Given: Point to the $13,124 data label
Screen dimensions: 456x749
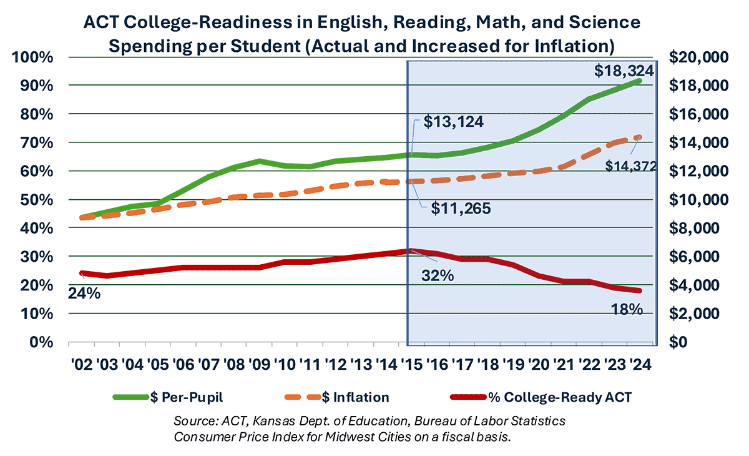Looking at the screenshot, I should (x=453, y=122).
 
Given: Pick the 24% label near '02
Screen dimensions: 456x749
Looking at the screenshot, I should (x=84, y=292).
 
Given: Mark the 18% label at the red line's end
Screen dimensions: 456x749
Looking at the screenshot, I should (x=626, y=309).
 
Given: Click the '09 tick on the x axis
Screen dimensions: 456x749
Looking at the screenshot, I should (x=259, y=365).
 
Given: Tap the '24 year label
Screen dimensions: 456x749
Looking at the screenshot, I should (x=639, y=365).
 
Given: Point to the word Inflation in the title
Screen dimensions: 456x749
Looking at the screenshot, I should (x=565, y=46).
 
